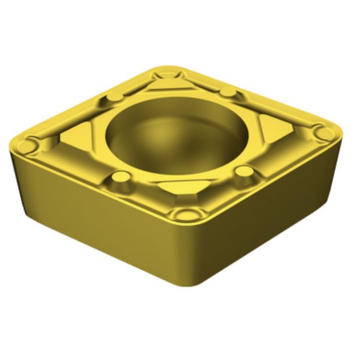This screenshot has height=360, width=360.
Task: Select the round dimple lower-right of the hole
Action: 243,172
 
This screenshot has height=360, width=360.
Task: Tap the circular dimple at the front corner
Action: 190,215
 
